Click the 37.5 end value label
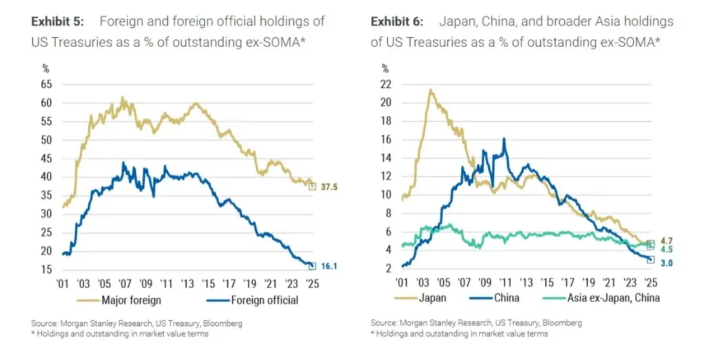pos(331,185)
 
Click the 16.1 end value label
pos(330,267)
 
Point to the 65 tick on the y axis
pos(46,84)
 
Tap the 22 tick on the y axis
pos(386,84)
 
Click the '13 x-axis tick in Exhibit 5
pos(188,282)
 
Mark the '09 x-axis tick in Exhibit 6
pos(485,282)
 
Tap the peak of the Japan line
pos(430,89)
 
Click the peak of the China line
pos(504,139)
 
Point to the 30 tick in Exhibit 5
pos(46,214)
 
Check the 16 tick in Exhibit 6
pos(386,139)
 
